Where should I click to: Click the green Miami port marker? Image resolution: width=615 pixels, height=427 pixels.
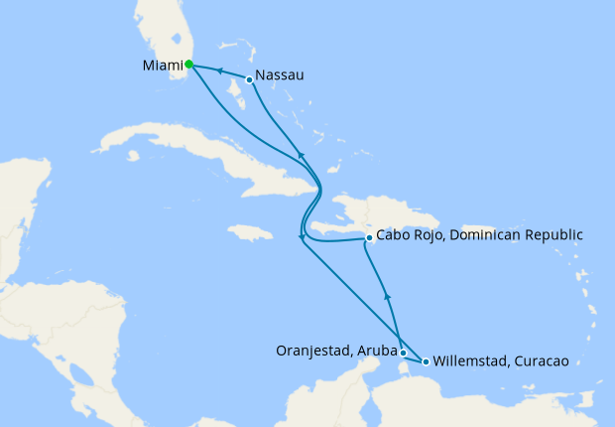[188, 65]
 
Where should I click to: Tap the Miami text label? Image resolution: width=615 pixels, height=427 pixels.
[162, 66]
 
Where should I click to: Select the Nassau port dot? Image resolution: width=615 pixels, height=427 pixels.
[249, 79]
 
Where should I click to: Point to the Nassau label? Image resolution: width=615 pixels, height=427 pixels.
[279, 75]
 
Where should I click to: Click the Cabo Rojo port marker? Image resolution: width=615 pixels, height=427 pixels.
[369, 237]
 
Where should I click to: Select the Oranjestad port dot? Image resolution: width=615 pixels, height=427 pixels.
[403, 353]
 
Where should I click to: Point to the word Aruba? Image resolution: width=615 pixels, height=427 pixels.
[377, 351]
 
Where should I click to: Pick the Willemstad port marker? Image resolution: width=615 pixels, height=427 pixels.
[427, 361]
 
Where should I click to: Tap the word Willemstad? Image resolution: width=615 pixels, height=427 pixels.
[469, 361]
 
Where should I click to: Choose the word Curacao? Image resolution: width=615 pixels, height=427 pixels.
[542, 361]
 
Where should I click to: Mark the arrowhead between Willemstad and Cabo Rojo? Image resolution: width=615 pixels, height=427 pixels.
[388, 295]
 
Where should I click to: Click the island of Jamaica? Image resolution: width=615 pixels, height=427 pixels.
[249, 233]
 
